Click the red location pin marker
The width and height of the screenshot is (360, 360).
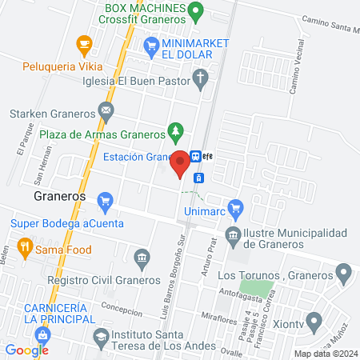[180, 162]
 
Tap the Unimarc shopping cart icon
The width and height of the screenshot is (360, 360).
[234, 210]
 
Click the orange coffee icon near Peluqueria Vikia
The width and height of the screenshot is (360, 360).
[82, 42]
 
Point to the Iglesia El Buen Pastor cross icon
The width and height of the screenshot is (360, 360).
[201, 79]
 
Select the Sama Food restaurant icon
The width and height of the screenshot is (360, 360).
[25, 248]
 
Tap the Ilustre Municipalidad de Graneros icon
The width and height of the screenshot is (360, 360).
[233, 235]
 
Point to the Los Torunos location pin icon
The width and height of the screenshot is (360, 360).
[344, 274]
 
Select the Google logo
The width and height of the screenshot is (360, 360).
[26, 350]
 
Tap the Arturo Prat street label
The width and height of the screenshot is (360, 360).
[212, 254]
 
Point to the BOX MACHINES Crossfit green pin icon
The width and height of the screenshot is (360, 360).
[196, 13]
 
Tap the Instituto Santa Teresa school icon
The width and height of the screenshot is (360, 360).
[101, 336]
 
